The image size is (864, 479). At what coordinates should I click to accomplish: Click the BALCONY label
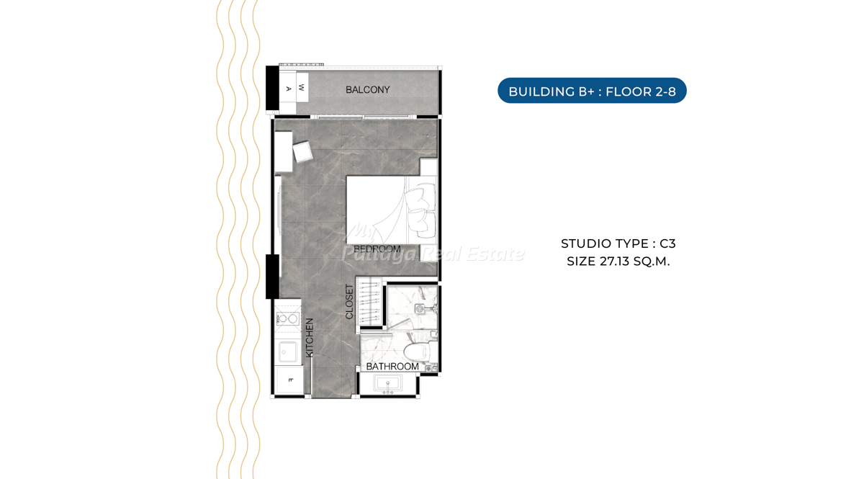368,90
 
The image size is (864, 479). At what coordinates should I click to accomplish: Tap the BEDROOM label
377,249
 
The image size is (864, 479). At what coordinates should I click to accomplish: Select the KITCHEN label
310,338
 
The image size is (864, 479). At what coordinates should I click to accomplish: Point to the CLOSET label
349,302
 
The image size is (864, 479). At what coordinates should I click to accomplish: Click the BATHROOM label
392,367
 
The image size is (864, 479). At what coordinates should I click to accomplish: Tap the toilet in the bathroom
418,351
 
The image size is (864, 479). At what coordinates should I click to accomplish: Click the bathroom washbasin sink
387,384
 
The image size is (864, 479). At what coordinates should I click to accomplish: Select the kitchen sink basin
287,352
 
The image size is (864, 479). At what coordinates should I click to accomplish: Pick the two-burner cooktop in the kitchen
288,319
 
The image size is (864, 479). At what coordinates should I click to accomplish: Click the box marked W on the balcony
302,87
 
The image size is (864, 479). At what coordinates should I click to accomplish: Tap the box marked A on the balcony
288,89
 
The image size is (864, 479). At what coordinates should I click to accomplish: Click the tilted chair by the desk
302,152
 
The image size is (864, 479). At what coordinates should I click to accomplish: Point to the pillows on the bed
423,210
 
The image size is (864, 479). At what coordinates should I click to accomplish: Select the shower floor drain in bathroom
420,308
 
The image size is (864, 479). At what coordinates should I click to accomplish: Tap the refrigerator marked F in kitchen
289,380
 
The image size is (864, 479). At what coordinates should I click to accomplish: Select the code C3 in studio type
667,244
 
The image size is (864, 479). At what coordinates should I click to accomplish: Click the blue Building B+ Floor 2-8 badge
592,91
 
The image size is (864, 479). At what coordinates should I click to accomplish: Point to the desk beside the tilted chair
284,152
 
